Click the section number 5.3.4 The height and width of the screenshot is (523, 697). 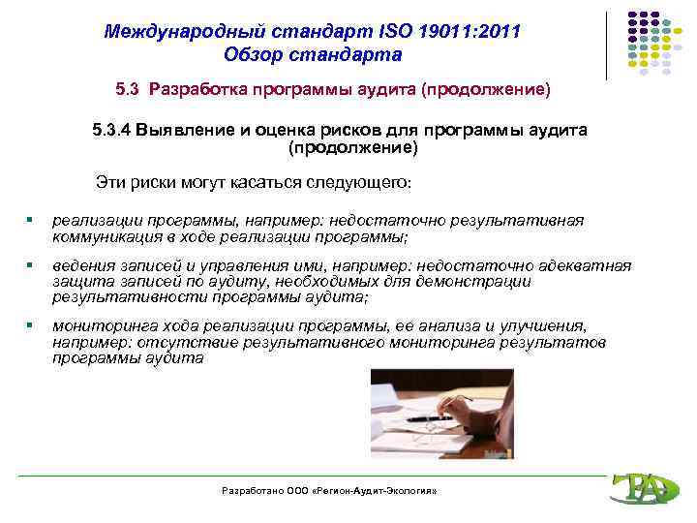113,130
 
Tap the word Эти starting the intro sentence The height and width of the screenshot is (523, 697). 109,182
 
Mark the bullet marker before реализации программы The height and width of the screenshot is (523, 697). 32,221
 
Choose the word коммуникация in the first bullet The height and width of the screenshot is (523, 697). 102,236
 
